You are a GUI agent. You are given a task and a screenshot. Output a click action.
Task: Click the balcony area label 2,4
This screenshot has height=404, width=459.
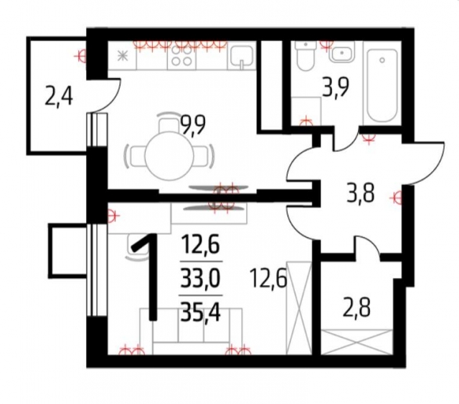[59, 95]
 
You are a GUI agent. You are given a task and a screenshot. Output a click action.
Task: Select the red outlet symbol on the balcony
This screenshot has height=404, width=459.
[83, 54]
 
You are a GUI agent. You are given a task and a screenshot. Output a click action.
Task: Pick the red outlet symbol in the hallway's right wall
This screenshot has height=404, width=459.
[397, 194]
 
